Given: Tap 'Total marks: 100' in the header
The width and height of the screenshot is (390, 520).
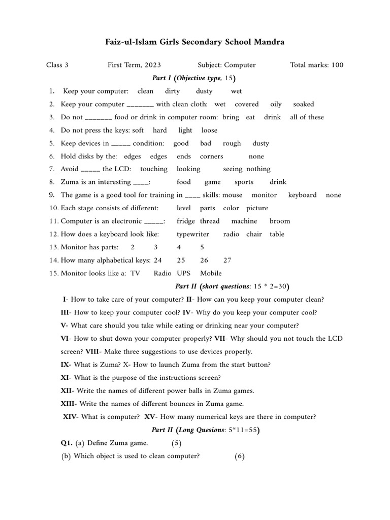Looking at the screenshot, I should tap(316, 65).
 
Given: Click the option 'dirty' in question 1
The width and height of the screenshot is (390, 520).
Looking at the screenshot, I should tap(173, 91).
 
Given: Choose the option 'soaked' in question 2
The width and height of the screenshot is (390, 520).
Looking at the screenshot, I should tap(304, 104).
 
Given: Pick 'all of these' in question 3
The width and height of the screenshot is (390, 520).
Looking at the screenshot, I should tap(307, 117).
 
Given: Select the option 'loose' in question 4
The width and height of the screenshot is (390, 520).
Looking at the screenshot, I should tap(209, 131).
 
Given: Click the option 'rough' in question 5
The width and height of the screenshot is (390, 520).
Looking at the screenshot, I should tap(232, 144).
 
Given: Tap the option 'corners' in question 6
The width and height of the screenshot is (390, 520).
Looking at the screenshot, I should tap(211, 157).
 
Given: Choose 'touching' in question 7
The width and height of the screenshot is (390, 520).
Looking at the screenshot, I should tap(153, 169).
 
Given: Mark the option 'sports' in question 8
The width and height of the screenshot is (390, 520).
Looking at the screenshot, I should tap(244, 182).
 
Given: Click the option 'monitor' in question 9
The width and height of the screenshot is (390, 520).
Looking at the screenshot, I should tap(264, 195).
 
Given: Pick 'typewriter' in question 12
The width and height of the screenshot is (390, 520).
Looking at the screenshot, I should tap(193, 235).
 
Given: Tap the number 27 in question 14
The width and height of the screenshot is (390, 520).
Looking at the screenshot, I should tap(227, 261).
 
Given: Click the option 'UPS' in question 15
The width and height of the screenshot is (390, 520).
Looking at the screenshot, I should tap(183, 273).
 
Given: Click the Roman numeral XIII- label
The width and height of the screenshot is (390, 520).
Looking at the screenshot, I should tap(69, 404).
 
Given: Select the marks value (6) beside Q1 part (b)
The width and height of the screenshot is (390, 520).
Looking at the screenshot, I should tap(240, 457).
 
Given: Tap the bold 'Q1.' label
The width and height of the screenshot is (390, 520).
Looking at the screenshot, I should tap(67, 443).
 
